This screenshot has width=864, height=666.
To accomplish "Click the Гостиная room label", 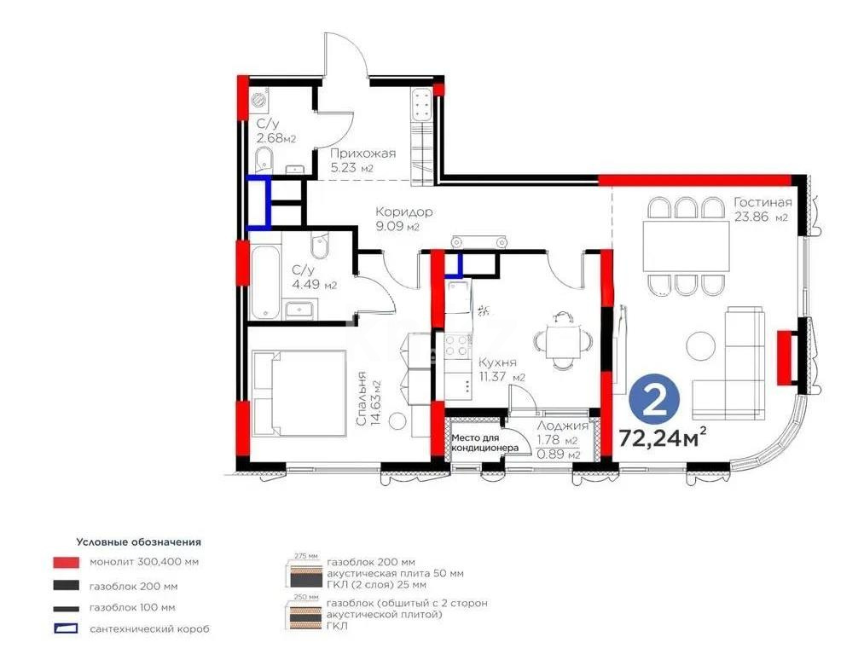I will pyautogui.click(x=763, y=202).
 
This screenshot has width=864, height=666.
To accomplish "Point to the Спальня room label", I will pyautogui.click(x=362, y=398).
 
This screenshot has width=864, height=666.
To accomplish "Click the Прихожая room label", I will pyautogui.click(x=363, y=153).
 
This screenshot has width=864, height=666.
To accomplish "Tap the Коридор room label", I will pyautogui.click(x=404, y=211).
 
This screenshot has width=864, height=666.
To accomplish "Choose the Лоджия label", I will pyautogui.click(x=562, y=426).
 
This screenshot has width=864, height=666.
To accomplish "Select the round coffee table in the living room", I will pyautogui.click(x=701, y=345).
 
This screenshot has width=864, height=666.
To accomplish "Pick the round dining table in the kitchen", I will pyautogui.click(x=562, y=341).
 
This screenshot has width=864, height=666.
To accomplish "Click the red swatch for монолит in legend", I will pyautogui.click(x=66, y=563).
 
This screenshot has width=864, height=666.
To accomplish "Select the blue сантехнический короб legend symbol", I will pyautogui.click(x=66, y=629).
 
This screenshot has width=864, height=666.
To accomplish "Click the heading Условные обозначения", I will pyautogui.click(x=138, y=541).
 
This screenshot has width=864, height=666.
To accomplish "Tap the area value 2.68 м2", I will pyautogui.click(x=276, y=138).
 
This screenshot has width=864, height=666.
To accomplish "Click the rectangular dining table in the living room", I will pyautogui.click(x=687, y=246).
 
